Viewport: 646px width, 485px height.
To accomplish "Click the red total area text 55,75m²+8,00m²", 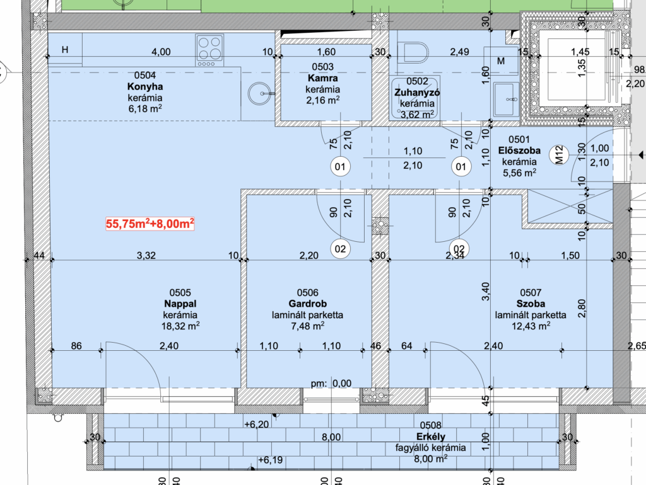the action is click(x=150, y=224).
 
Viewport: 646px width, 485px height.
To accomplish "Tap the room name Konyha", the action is click(x=145, y=86).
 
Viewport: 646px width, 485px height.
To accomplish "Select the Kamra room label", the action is click(x=322, y=78).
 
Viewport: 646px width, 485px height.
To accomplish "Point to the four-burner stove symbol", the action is click(x=209, y=50).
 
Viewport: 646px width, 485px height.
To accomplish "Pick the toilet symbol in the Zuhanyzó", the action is click(x=413, y=53).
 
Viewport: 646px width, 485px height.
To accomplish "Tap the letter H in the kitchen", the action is click(x=65, y=50).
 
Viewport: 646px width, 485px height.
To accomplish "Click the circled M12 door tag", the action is click(x=559, y=155).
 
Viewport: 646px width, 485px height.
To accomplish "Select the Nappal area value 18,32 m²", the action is click(x=180, y=326).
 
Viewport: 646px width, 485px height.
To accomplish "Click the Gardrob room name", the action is click(x=308, y=304).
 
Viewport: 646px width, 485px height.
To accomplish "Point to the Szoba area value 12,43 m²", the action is click(x=531, y=326).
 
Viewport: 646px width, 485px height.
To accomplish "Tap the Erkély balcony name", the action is click(x=430, y=437).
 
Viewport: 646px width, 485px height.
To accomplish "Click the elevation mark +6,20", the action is click(x=256, y=424).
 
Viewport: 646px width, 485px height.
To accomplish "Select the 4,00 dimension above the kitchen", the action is click(x=161, y=52).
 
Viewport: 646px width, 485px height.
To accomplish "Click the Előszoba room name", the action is click(x=519, y=151).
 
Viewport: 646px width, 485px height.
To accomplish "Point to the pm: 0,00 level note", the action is click(x=331, y=384).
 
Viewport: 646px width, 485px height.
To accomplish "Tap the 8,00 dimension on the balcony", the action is click(x=331, y=437).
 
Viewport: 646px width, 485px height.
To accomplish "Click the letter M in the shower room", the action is click(x=501, y=61).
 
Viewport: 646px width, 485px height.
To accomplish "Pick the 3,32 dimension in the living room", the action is click(x=146, y=256).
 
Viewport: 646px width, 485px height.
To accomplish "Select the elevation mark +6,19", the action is click(x=270, y=460).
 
